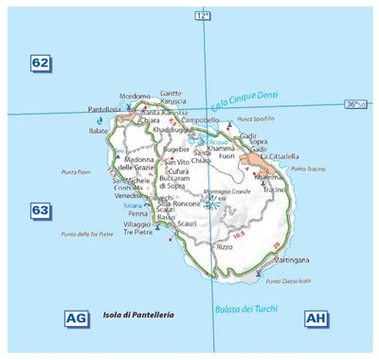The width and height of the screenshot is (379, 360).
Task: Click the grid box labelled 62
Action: [x=40, y=63]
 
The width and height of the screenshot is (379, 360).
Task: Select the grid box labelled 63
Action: [x=40, y=209]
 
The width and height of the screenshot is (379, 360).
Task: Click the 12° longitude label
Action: [x=201, y=16]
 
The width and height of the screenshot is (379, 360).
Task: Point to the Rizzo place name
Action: [x=225, y=246]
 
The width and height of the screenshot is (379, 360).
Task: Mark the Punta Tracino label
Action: [x=308, y=169]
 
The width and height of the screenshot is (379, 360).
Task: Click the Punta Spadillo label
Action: [x=255, y=118]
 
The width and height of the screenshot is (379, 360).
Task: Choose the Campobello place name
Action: [x=201, y=121]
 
